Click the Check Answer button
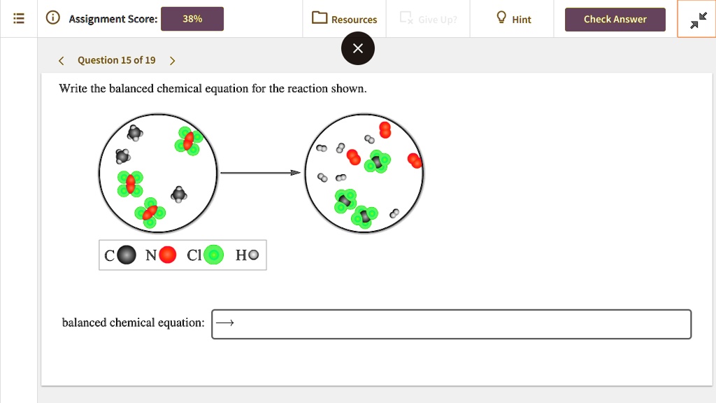pyautogui.click(x=615, y=19)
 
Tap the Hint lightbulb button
pyautogui.click(x=513, y=19)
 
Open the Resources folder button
pyautogui.click(x=345, y=19)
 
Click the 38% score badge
pyautogui.click(x=192, y=19)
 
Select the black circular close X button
pyautogui.click(x=358, y=48)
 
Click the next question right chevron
pyautogui.click(x=173, y=60)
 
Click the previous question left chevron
pyautogui.click(x=62, y=60)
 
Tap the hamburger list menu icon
pyautogui.click(x=19, y=19)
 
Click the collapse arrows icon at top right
pyautogui.click(x=697, y=20)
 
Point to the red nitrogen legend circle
pyautogui.click(x=168, y=255)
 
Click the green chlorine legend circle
pyautogui.click(x=213, y=255)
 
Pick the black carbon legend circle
pyautogui.click(x=127, y=255)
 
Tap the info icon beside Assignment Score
pyautogui.click(x=52, y=19)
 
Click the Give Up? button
pyautogui.click(x=429, y=19)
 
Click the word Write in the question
pyautogui.click(x=73, y=89)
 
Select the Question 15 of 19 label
pyautogui.click(x=117, y=60)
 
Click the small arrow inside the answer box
pyautogui.click(x=225, y=323)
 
